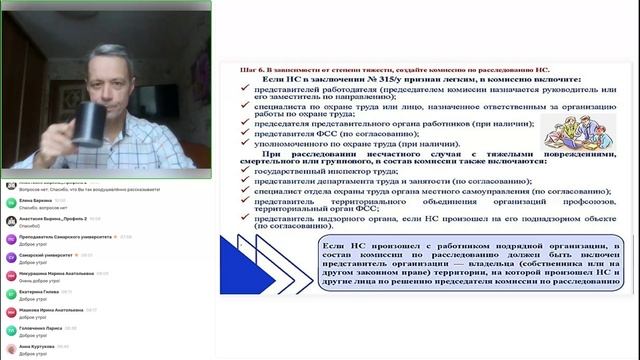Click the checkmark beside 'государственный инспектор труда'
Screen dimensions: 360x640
pos(245,171)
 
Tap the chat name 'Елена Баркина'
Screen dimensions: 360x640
pos(36,200)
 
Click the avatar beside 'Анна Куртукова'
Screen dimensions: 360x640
pos(10,349)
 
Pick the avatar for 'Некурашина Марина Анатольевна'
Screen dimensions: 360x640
pos(10,275)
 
